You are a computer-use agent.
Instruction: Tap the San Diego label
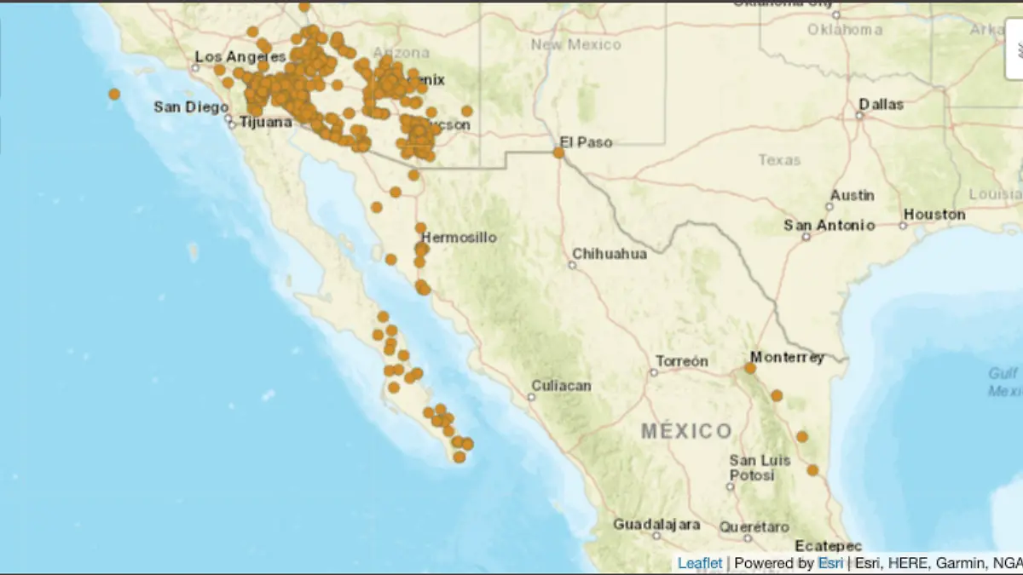pos(191,106)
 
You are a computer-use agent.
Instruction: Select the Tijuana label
pos(265,122)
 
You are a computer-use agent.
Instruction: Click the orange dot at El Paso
pos(558,152)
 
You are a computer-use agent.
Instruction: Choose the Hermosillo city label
pos(459,238)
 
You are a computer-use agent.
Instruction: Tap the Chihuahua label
pos(609,254)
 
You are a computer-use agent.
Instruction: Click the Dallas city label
pos(881,104)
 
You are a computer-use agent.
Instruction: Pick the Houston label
pos(934,215)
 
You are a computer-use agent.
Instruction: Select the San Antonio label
pos(829,226)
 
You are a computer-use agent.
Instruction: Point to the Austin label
pos(852,195)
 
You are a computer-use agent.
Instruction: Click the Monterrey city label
pos(787,357)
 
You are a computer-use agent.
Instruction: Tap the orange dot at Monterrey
pos(750,368)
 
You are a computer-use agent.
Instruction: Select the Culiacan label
pos(561,386)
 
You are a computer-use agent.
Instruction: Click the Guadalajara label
pos(656,524)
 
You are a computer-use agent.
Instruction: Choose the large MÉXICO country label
pos(686,431)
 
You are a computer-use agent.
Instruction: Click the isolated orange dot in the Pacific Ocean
pos(114,94)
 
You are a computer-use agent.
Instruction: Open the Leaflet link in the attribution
pos(699,563)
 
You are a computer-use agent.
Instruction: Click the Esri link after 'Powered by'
pos(831,563)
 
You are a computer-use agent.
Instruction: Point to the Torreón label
pos(681,361)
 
